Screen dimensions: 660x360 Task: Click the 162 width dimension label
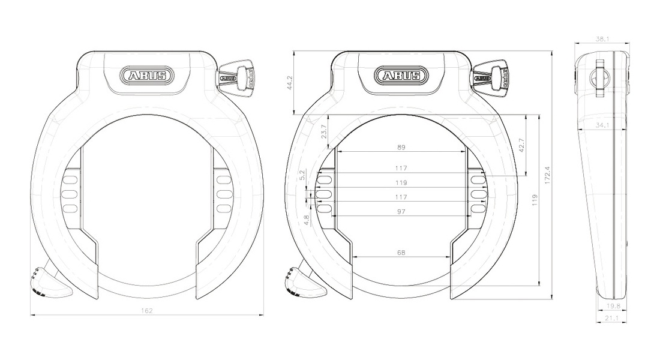click(146, 311)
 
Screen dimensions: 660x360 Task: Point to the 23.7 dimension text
click(323, 132)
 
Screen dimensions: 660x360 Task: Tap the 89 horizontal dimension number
click(401, 148)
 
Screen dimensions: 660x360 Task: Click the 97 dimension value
click(401, 211)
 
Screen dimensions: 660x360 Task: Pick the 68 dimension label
click(401, 253)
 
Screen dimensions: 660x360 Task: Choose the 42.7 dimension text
click(522, 145)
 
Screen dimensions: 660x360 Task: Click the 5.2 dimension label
click(301, 175)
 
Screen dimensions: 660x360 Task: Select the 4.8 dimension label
click(307, 220)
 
